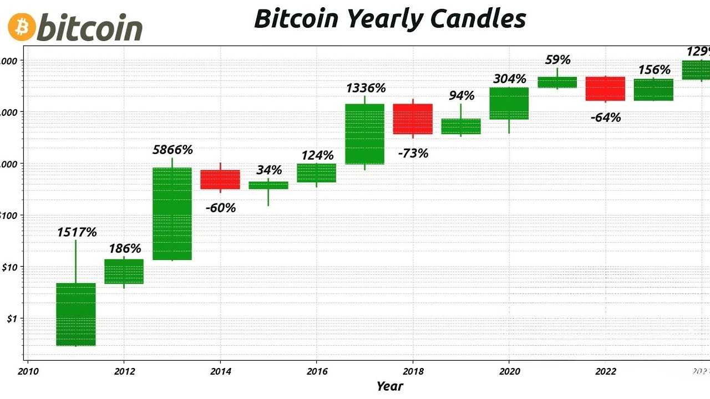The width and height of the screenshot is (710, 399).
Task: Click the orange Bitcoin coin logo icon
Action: click(22, 27)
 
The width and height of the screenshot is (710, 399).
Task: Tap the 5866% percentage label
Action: click(173, 150)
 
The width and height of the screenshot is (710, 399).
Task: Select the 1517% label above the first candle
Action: click(77, 232)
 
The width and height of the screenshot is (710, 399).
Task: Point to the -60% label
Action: click(220, 208)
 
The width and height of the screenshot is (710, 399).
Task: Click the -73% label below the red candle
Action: click(413, 154)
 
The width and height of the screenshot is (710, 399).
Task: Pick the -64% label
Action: click(605, 117)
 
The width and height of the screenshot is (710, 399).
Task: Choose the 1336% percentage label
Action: click(366, 88)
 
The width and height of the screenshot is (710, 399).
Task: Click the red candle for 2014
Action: click(220, 180)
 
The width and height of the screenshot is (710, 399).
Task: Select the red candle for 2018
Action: click(413, 119)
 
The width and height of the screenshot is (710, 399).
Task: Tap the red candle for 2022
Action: click(605, 89)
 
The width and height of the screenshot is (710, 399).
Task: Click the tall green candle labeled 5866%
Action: click(172, 213)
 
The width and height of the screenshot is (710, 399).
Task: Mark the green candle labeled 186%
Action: click(124, 272)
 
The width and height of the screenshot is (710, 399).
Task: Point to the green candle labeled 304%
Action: click(509, 103)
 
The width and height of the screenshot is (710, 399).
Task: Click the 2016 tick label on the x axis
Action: click(316, 371)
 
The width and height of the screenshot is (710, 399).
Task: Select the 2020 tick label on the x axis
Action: click(509, 371)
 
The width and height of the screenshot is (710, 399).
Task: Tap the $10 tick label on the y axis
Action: click(9, 267)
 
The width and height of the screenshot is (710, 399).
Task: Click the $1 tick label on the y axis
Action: click(12, 319)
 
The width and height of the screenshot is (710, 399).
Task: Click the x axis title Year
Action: click(389, 386)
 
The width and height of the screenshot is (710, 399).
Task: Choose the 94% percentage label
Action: click(461, 95)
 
